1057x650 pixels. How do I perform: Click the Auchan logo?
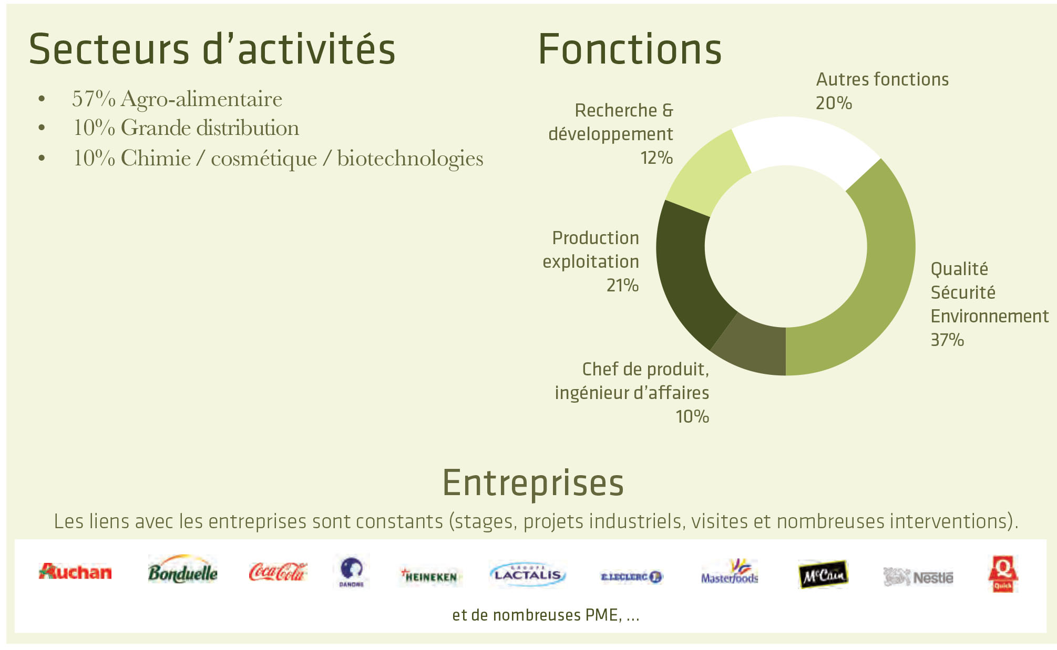click(75, 572)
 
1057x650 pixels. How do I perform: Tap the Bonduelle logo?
click(182, 570)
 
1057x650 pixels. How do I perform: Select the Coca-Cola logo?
click(278, 572)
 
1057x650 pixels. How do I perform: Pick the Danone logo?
click(351, 572)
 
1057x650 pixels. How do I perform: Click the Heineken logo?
click(429, 576)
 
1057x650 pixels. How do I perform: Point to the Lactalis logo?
click(527, 574)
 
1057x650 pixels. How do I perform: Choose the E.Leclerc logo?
click(632, 576)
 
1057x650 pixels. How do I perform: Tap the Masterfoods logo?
click(730, 572)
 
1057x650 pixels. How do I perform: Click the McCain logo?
click(823, 574)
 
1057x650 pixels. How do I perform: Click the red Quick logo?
click(1003, 574)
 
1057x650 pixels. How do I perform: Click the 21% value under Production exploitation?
click(622, 285)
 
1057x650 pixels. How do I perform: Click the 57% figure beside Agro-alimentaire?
click(94, 99)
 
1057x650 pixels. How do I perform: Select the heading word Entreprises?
click(533, 483)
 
